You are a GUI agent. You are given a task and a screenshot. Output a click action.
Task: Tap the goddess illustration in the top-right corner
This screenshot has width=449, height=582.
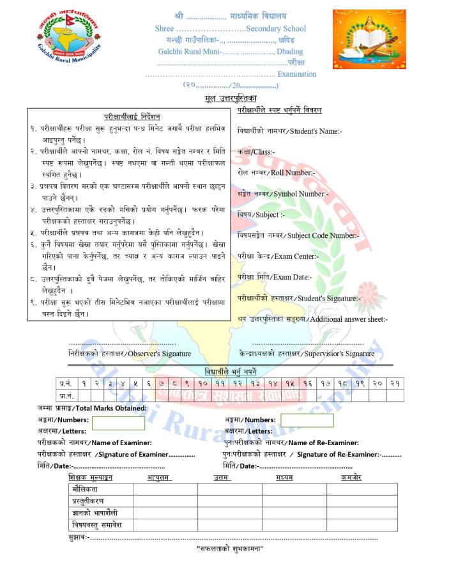tap(369, 40)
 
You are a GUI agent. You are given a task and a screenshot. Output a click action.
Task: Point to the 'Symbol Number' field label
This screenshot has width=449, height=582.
tap(282, 194)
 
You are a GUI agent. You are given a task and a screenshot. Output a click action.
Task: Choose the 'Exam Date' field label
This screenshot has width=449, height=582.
tap(274, 278)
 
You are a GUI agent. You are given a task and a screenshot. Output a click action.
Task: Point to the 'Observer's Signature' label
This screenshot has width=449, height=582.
tap(130, 354)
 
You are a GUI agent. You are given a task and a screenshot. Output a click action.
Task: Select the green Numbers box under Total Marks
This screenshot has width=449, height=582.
tap(118, 423)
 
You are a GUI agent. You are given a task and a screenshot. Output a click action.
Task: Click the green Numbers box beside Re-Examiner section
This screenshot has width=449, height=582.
tap(307, 420)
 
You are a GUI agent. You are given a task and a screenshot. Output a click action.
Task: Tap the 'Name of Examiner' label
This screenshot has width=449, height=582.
tap(95, 443)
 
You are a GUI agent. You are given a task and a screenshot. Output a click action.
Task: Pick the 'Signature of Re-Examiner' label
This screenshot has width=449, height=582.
tap(298, 454)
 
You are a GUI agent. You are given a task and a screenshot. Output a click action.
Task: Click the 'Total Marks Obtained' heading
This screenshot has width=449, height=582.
tap(92, 408)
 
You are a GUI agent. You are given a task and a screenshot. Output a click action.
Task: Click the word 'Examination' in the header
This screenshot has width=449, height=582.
tap(296, 74)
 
